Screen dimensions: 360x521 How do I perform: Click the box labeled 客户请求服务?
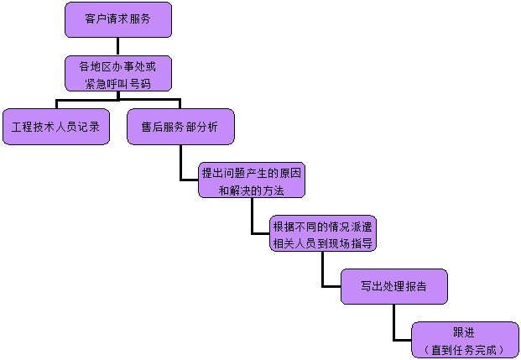(x=117, y=19)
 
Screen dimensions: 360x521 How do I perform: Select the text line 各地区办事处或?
(x=117, y=65)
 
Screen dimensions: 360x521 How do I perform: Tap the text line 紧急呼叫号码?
(x=117, y=82)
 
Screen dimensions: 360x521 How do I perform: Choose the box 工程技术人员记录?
(x=56, y=127)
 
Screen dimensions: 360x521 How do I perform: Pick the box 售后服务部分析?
(x=180, y=127)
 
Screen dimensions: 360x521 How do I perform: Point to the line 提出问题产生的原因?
(x=252, y=173)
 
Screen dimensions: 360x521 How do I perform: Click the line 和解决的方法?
(x=252, y=190)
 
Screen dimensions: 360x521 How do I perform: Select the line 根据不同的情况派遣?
(x=323, y=227)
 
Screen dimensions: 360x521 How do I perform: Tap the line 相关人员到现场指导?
(x=323, y=244)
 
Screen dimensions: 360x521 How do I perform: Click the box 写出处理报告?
(x=393, y=286)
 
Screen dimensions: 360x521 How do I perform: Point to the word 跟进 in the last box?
(x=464, y=333)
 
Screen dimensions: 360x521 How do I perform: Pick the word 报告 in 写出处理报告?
(x=415, y=286)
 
